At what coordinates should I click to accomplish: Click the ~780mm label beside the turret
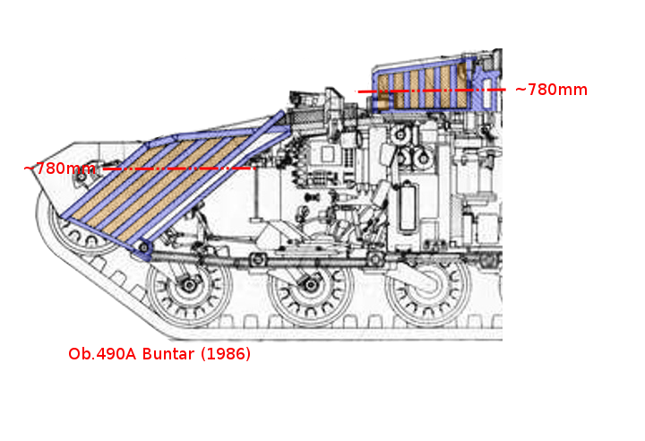(551, 90)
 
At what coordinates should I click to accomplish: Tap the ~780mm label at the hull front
(60, 169)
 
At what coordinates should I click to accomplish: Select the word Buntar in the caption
(168, 354)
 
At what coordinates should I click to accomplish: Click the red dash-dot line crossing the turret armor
(431, 91)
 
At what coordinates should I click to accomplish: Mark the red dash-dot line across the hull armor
(179, 169)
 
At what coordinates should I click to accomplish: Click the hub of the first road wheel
(189, 285)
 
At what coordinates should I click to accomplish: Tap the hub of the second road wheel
(310, 284)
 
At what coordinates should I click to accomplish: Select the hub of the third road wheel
(428, 284)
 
